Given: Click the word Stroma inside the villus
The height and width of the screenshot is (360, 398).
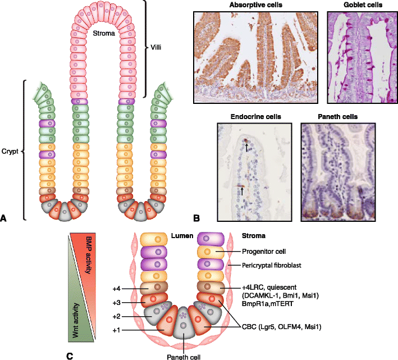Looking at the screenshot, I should (x=105, y=34).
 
